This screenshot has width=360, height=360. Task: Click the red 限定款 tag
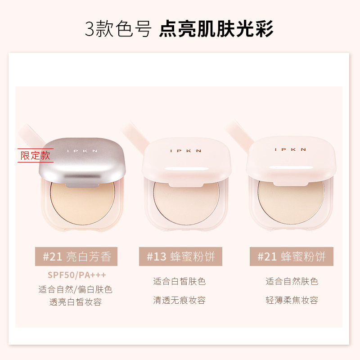coord(36,156)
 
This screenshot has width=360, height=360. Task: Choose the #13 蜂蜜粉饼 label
coord(181,257)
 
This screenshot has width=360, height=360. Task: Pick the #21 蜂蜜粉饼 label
coord(292,257)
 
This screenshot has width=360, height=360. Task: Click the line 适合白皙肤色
coord(179,282)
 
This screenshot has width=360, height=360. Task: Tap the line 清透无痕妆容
coord(179,300)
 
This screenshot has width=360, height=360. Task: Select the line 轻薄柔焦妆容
coord(292,300)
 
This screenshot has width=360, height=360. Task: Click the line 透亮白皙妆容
coord(76,302)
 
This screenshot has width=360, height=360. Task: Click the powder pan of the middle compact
coord(184,198)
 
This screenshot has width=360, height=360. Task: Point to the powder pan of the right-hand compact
coord(291,198)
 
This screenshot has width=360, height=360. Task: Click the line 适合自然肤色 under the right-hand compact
coord(292,282)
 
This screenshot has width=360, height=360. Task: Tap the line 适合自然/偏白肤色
coord(76,289)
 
